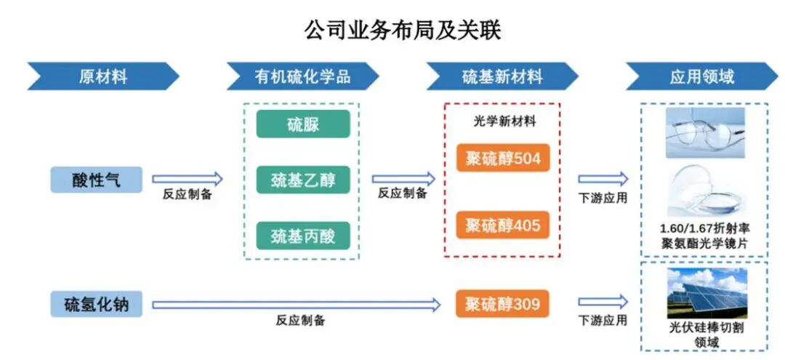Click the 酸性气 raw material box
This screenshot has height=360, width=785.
(x=96, y=180)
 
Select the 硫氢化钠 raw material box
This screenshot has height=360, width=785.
(x=96, y=304)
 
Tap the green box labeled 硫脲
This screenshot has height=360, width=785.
(x=302, y=124)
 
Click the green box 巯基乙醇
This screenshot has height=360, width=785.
(x=302, y=180)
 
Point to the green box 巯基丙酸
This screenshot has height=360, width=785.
(x=302, y=236)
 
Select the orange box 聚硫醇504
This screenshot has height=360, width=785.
(x=502, y=159)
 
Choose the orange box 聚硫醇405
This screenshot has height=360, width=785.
(x=502, y=225)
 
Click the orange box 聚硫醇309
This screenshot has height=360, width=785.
(x=502, y=304)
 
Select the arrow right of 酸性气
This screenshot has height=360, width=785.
(x=187, y=179)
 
